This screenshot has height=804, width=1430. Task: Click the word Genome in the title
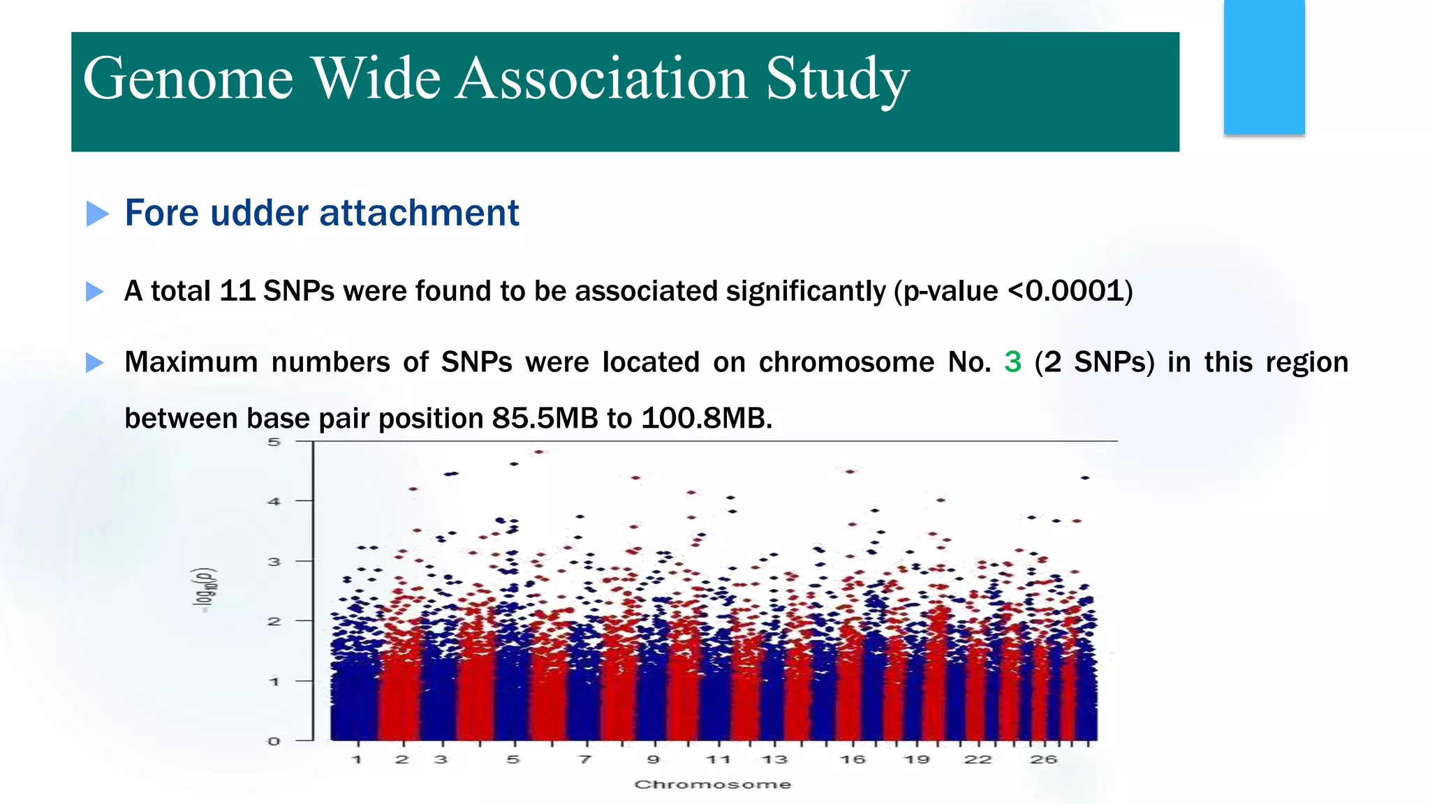click(x=188, y=78)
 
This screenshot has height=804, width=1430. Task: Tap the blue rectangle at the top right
click(x=1264, y=67)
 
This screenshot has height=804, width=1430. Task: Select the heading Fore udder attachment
click(x=322, y=213)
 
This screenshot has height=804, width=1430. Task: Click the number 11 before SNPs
click(x=237, y=291)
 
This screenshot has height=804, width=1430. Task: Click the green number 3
click(x=1012, y=362)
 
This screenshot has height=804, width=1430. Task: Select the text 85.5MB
click(x=545, y=419)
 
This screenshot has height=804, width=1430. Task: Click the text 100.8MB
click(x=706, y=419)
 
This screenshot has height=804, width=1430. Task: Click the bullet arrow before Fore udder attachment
click(x=97, y=214)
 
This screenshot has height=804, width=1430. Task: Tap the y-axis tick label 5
click(x=274, y=442)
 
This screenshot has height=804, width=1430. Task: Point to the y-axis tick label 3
click(x=274, y=561)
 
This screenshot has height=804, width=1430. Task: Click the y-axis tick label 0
click(x=274, y=741)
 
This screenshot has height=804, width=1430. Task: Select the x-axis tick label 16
click(x=852, y=759)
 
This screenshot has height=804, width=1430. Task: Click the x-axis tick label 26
click(x=1043, y=759)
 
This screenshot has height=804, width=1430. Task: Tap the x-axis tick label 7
click(x=585, y=759)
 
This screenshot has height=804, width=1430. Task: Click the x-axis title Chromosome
click(x=712, y=784)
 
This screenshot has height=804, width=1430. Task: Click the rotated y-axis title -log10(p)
click(x=205, y=590)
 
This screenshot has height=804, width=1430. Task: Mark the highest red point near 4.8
click(x=538, y=452)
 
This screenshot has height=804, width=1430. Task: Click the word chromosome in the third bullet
click(x=846, y=362)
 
